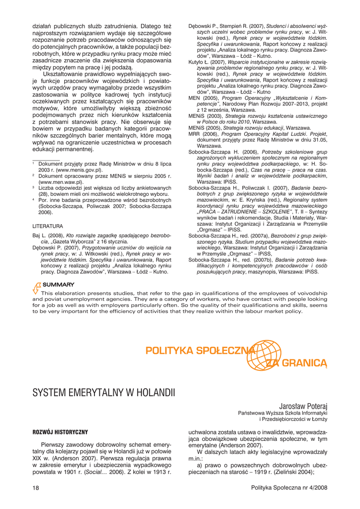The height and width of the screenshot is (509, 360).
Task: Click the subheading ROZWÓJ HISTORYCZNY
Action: coord(60,432)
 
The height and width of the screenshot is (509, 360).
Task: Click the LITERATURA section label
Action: coord(48,225)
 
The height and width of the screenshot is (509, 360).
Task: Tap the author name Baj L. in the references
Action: coord(39,235)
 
